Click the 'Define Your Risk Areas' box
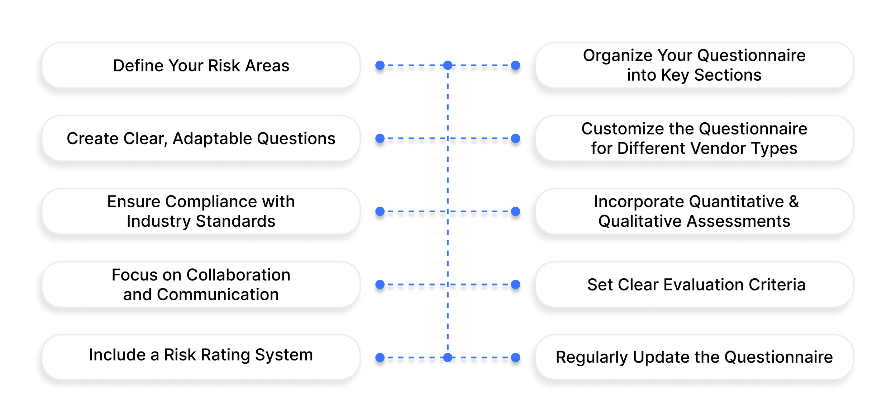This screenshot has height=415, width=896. coord(201,65)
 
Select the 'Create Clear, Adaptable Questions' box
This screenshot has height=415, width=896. coord(201,138)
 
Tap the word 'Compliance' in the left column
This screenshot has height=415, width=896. coord(212,202)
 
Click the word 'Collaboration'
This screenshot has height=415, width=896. coord(238,275)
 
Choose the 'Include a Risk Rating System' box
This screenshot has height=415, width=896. coord(201,355)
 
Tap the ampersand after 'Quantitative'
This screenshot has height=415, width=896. coord(794,202)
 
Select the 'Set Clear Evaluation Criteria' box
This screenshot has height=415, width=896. coord(695,285)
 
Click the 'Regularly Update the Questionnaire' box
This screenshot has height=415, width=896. coord(694,357)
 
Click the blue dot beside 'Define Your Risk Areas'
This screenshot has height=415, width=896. coord(380,65)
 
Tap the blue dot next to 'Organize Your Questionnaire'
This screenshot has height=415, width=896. coord(515,65)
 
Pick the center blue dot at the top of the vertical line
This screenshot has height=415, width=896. coord(448,65)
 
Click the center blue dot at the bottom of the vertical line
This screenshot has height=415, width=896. coord(448,357)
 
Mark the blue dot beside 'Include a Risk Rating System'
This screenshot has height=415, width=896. coord(380,357)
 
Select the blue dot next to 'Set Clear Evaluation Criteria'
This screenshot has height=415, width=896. coord(515,284)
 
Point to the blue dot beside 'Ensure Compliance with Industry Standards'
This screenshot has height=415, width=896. coord(380,212)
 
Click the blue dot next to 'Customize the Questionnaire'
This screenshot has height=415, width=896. coord(515,138)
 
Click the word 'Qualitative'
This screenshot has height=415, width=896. coord(640,221)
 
